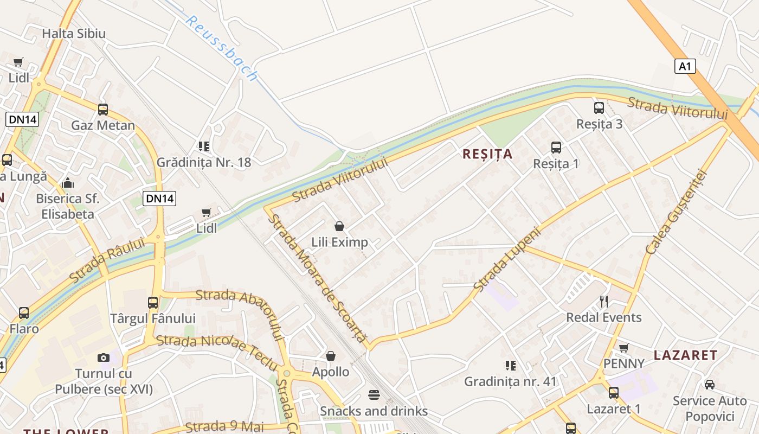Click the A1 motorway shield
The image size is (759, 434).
point(685,66)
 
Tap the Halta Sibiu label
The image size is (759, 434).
point(74,33)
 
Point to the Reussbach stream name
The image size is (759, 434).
point(221,47)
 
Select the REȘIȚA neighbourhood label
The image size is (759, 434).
point(487,154)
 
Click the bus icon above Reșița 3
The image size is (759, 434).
point(599,108)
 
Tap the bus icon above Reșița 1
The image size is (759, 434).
point(556,147)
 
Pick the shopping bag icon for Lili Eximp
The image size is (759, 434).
point(339,226)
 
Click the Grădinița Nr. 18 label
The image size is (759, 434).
point(204,162)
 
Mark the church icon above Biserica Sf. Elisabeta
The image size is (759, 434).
point(68,182)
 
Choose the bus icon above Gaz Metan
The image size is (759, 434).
point(103,110)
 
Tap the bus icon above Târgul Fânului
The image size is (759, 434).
point(153,302)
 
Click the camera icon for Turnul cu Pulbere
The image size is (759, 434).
point(104,358)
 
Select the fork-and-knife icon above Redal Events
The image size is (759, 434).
point(604,302)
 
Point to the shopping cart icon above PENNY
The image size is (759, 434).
point(624,348)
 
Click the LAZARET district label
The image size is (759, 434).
point(686,355)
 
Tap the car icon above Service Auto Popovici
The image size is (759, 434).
point(709,385)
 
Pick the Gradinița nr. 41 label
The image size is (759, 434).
point(510,381)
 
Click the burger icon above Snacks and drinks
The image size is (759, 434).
point(374,394)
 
